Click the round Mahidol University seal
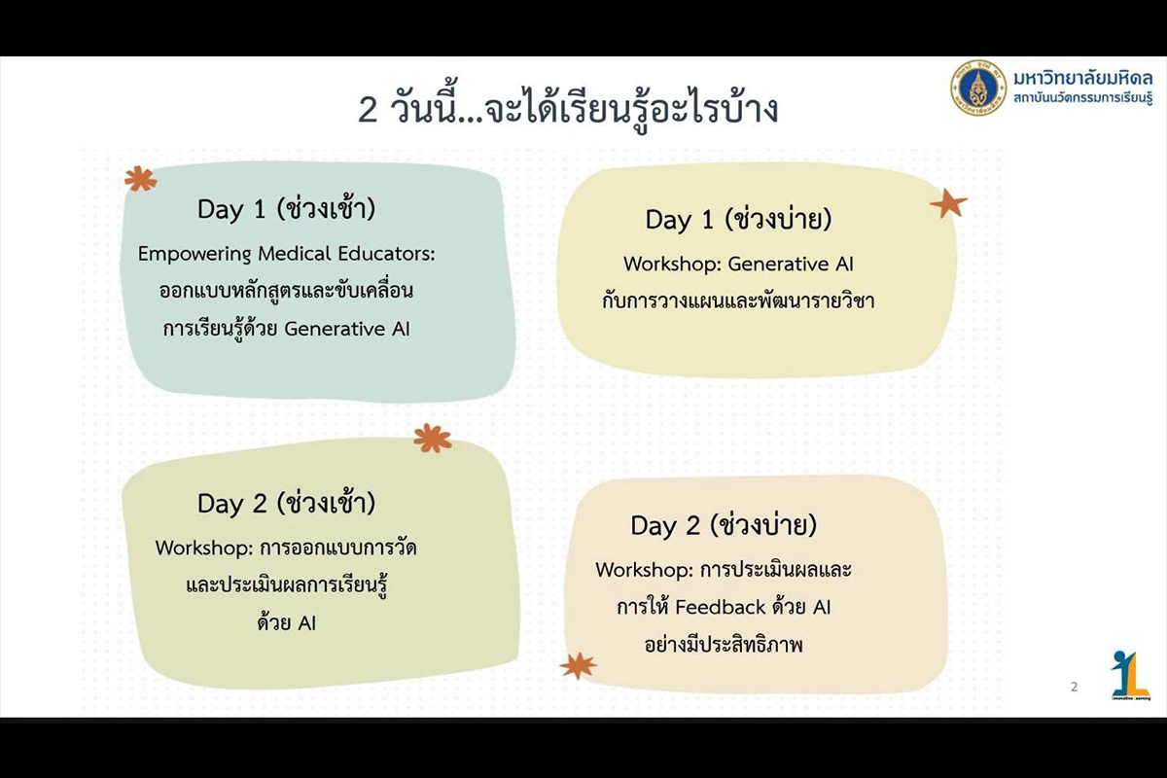[978, 88]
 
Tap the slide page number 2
[1074, 687]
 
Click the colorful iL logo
[1130, 675]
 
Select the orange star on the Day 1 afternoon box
[948, 203]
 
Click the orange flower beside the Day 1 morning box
[141, 179]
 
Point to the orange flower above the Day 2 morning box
[433, 438]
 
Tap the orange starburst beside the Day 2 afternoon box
[579, 665]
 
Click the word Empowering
[194, 255]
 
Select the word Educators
[387, 254]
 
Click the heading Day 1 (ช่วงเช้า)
[286, 209]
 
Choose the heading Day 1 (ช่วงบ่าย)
[738, 219]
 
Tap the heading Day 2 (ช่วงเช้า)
[286, 504]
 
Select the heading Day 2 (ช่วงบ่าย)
[724, 525]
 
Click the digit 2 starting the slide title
[368, 110]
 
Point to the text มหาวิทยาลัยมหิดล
[1082, 79]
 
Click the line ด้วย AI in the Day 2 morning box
[287, 623]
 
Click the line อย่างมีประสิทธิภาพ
[724, 645]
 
